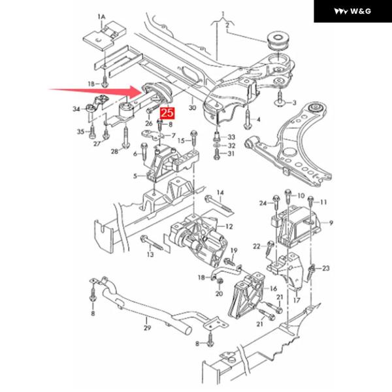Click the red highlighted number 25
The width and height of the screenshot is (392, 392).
[x=167, y=113]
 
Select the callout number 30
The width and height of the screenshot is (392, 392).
[x=192, y=108]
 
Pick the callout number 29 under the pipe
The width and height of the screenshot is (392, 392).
[x=147, y=327]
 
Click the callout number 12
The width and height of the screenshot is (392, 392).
[x=229, y=227]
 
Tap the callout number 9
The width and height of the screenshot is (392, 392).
[x=331, y=223]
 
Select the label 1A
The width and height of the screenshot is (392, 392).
[x=101, y=17]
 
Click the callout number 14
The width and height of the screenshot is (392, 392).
[x=220, y=193]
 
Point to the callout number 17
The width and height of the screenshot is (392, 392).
[x=297, y=300]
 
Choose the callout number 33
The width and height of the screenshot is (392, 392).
[x=231, y=137]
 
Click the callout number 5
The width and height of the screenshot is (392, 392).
[x=135, y=176]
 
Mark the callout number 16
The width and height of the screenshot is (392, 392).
[x=273, y=289]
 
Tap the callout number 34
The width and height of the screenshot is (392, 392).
[x=76, y=109]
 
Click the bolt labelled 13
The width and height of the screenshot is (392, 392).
[x=152, y=242]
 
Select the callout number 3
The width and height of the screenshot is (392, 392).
[x=294, y=103]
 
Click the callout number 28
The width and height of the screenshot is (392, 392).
[x=115, y=152]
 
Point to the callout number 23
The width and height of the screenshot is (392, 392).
[x=326, y=269]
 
